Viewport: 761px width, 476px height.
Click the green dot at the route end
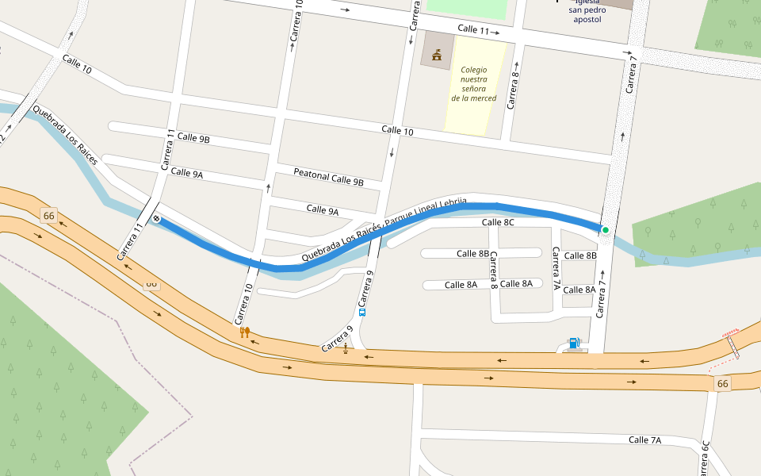[605, 230]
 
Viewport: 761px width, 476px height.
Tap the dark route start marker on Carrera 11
[157, 219]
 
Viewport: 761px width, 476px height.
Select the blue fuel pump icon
[574, 343]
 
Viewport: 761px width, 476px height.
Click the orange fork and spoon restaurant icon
[245, 332]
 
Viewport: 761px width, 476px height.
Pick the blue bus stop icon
[362, 312]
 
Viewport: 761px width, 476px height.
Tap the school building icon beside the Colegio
[436, 54]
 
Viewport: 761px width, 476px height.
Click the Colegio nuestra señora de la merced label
[474, 84]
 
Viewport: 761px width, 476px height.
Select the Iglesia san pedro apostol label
[587, 11]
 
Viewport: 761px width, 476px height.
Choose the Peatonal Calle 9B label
[328, 177]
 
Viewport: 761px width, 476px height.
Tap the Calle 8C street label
[498, 223]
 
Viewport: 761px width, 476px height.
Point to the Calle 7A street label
[644, 440]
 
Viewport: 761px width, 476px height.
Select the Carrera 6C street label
[706, 459]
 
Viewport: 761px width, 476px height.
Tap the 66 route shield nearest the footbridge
[722, 384]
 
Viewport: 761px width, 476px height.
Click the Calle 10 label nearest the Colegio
[397, 130]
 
